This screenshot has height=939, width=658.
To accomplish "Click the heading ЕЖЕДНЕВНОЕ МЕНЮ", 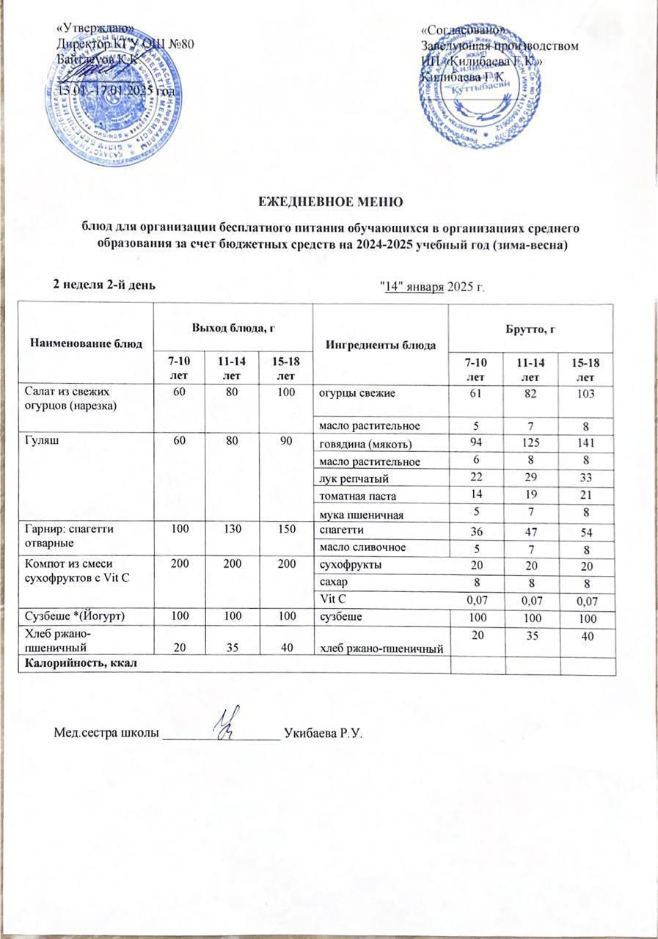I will click(329, 200).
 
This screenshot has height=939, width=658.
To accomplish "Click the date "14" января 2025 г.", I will click(431, 285).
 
